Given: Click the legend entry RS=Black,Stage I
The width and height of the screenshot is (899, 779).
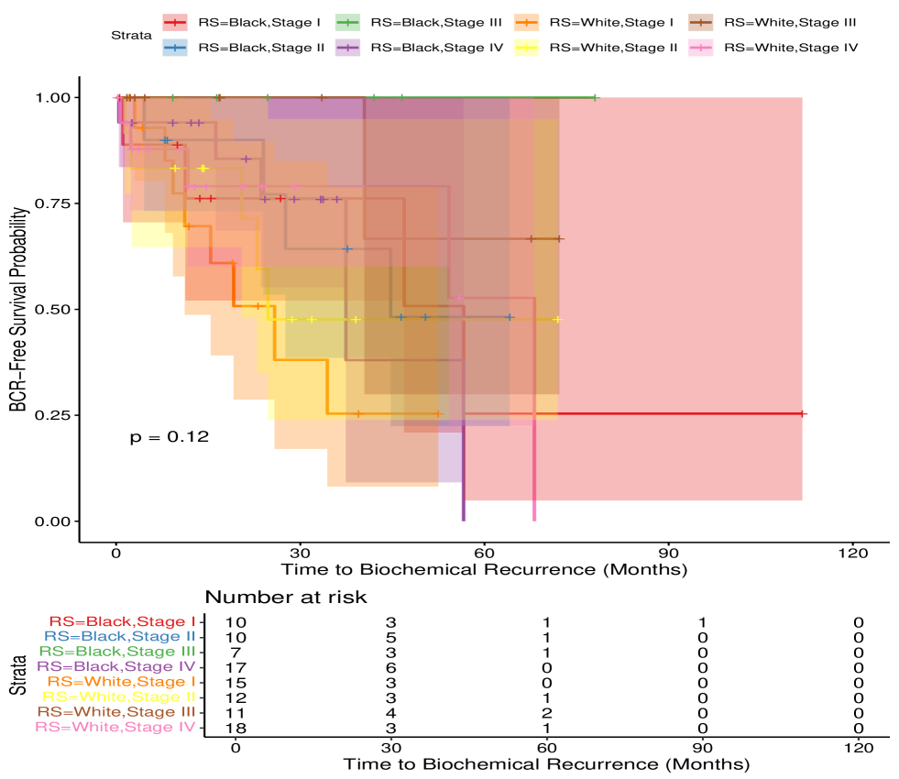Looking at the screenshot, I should pos(247,20).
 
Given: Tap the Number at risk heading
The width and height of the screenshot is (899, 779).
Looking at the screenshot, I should pos(285,598).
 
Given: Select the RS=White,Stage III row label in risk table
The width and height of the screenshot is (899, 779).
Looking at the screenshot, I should pos(115,711).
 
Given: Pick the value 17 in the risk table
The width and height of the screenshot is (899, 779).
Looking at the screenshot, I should pos(236,666).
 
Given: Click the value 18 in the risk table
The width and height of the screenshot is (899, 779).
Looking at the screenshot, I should pos(236,728).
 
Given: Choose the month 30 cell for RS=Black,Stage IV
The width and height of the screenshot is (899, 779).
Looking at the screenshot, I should pos(391,666).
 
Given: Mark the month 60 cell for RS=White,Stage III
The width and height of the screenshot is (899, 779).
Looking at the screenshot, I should pos(546,711).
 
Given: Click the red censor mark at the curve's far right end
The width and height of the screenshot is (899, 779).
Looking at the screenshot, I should pos(802,414).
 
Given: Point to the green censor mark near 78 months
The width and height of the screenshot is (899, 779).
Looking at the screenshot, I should pos(596,97).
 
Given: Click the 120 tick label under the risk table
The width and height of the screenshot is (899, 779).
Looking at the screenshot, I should pos(857,747).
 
